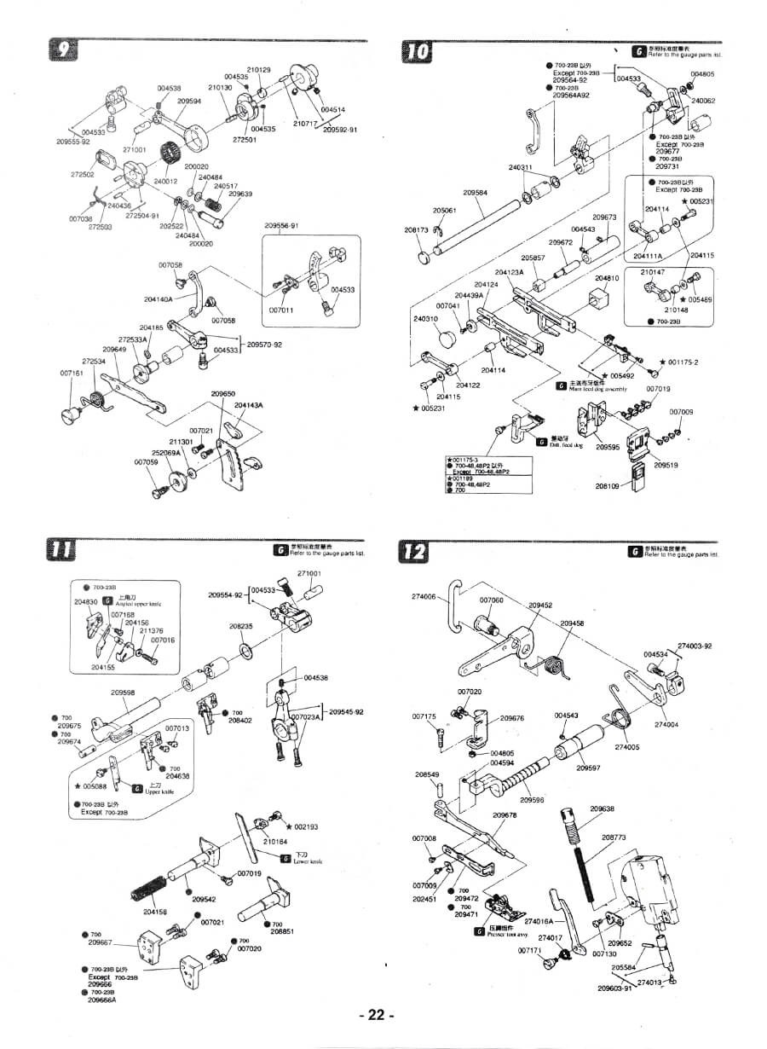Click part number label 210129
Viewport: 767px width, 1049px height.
pos(259,69)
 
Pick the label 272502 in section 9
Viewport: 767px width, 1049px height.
pos(82,174)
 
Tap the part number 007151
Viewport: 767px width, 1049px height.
pos(72,373)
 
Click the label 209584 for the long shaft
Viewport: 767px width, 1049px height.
pos(475,193)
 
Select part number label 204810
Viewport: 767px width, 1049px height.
pos(607,278)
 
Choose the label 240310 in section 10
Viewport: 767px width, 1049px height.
pos(424,318)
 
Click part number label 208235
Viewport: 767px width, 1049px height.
pos(241,626)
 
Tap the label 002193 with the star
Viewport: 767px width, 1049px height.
pos(305,826)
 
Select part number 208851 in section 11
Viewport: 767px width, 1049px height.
pos(282,931)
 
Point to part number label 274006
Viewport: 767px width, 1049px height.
pos(424,597)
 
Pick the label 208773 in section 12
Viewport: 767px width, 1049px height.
pos(614,837)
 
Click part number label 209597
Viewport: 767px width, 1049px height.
pos(588,768)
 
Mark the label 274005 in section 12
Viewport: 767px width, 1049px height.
pos(626,747)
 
